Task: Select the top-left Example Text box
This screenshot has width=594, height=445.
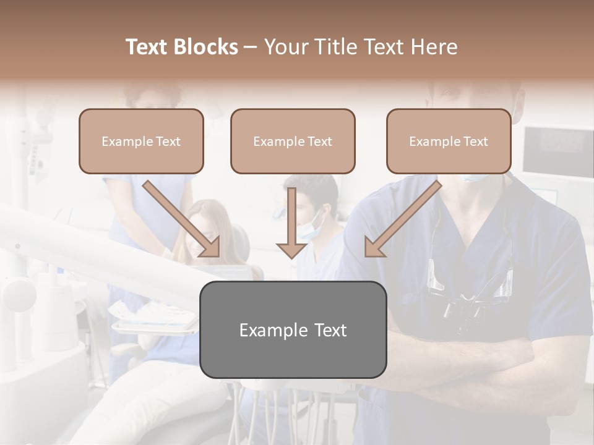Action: click(x=141, y=141)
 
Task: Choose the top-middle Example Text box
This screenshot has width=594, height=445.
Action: click(x=293, y=141)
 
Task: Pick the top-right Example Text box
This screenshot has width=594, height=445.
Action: click(x=449, y=141)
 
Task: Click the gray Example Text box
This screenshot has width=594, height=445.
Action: click(x=293, y=329)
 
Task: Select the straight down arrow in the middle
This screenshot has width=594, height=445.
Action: click(x=291, y=225)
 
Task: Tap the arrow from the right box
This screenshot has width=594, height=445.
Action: click(x=402, y=219)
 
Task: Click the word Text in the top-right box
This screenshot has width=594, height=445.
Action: click(x=475, y=142)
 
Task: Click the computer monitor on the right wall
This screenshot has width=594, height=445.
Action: click(x=554, y=149)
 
